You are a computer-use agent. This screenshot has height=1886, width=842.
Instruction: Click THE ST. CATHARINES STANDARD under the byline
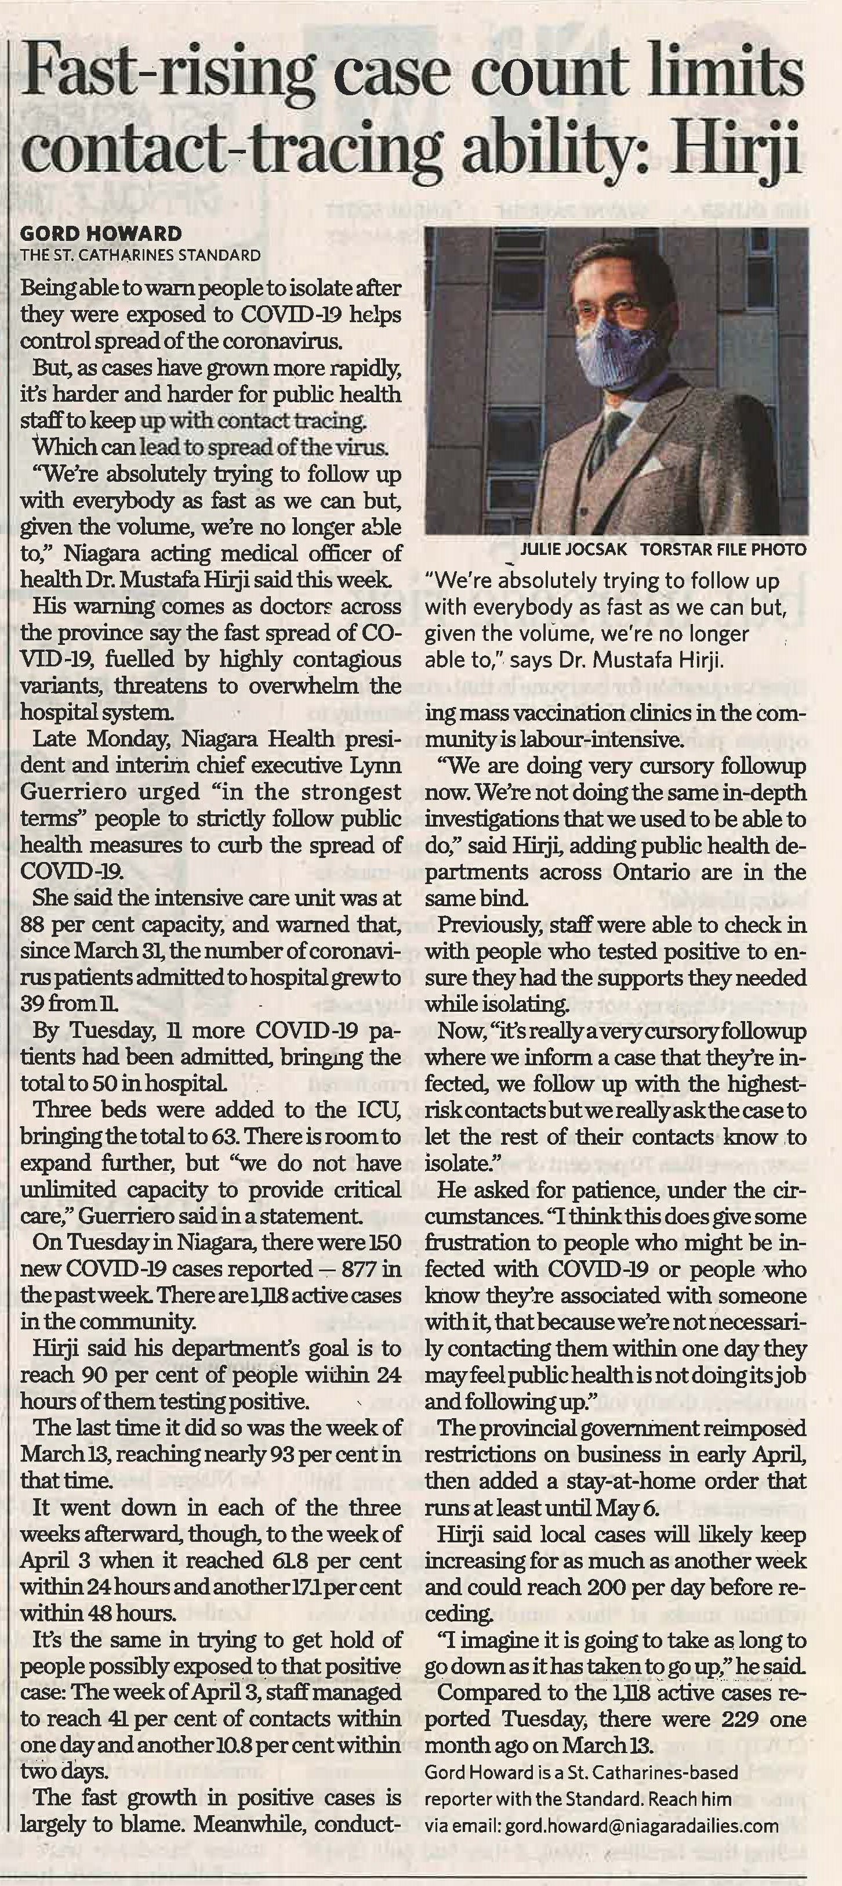coord(140,255)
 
